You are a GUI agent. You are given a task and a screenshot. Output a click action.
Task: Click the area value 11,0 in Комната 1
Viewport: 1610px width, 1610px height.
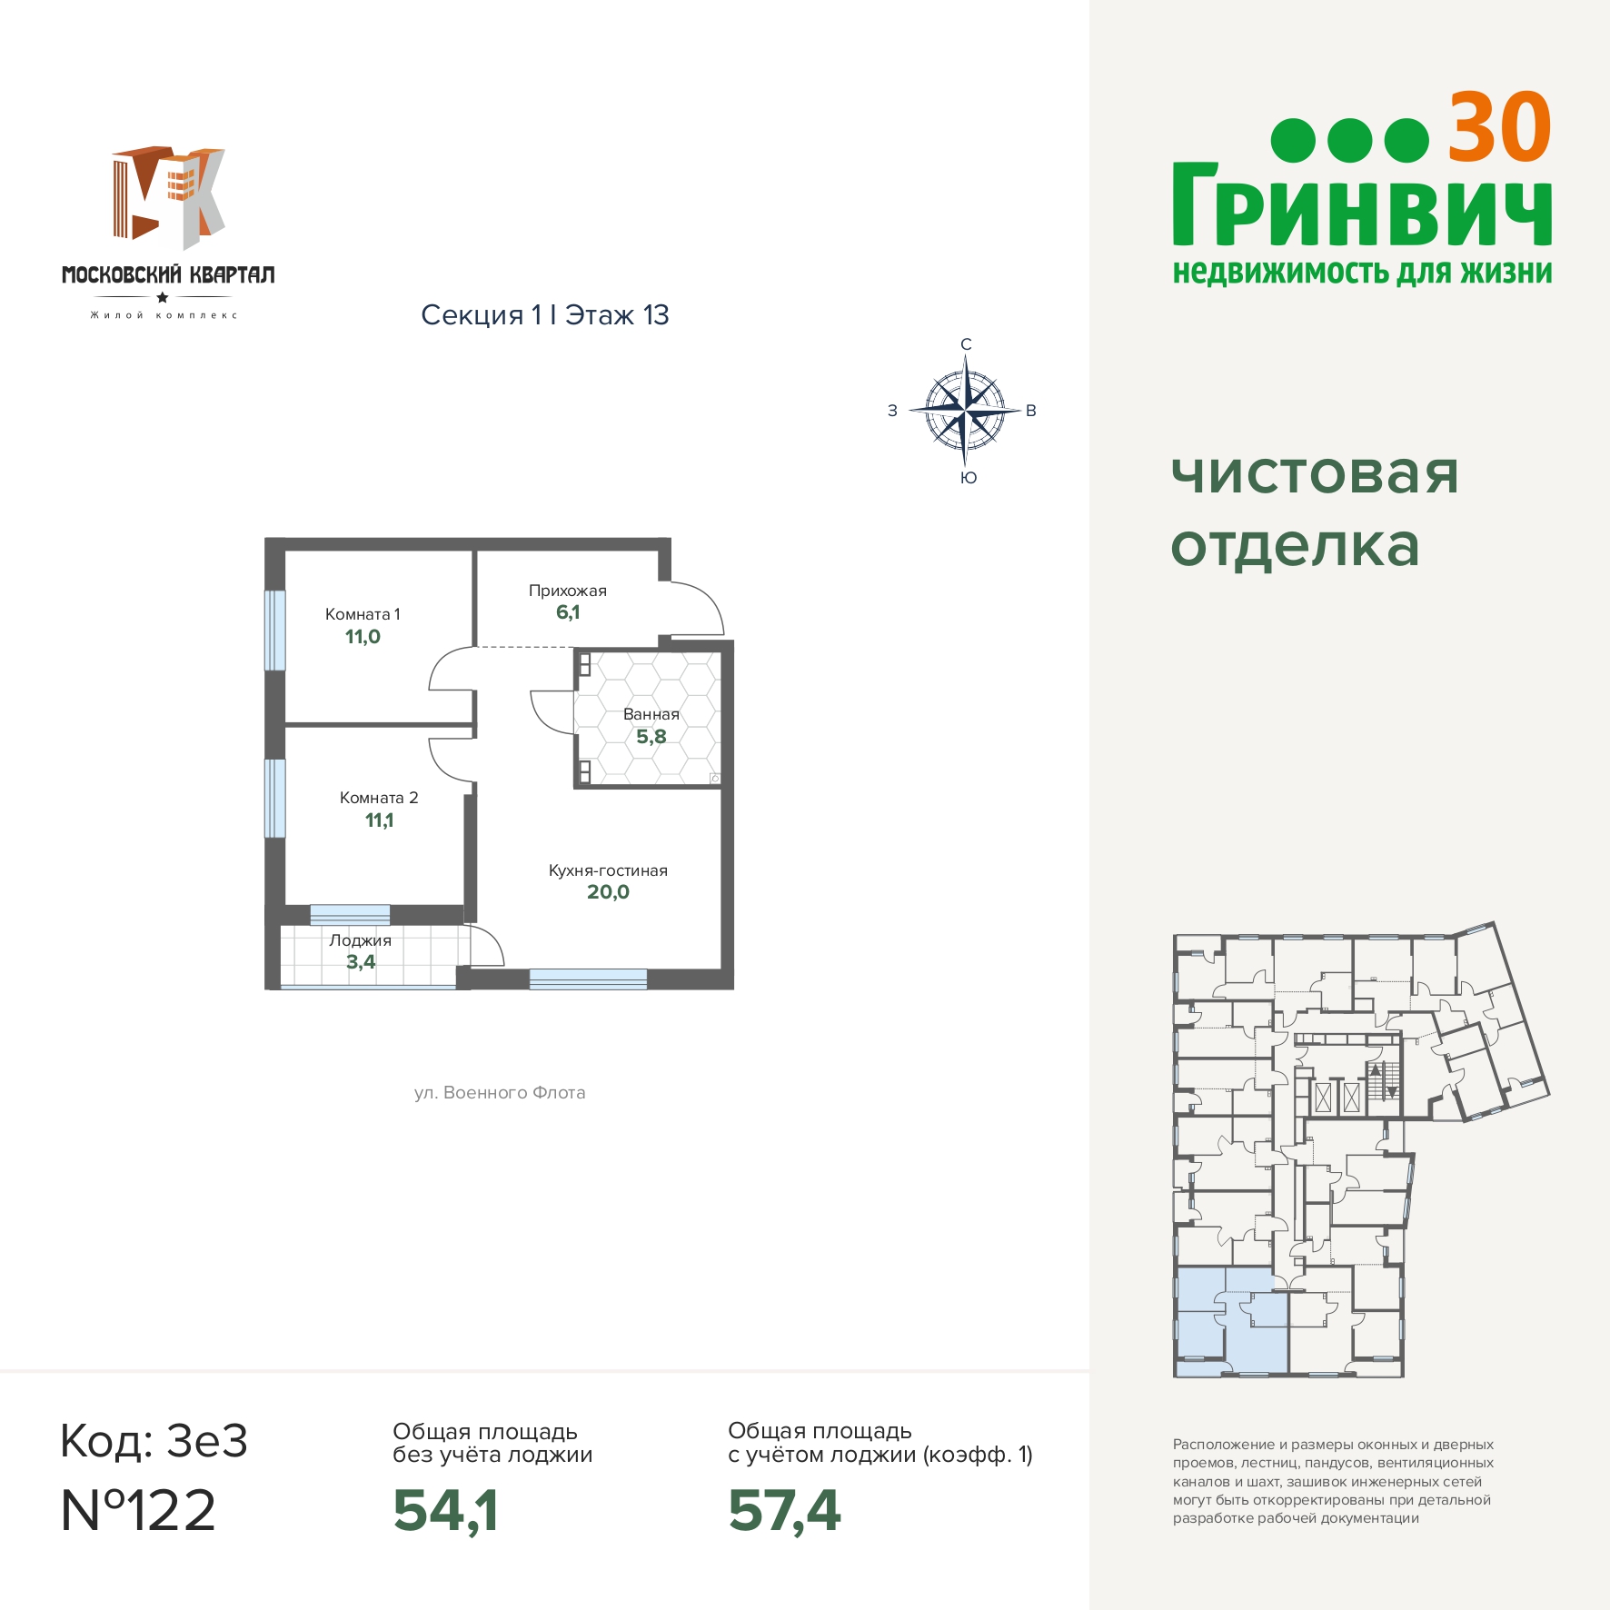[363, 637]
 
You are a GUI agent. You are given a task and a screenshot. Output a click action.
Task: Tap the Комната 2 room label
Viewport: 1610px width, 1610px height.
[379, 798]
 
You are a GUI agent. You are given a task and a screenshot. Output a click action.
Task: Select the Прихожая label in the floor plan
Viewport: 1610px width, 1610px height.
[568, 591]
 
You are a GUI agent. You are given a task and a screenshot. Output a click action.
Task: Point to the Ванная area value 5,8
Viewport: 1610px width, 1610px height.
[651, 737]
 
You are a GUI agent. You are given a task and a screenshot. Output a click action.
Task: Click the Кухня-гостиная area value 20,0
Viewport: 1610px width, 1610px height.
[608, 892]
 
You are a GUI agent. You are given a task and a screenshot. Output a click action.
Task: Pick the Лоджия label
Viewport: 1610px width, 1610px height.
[361, 940]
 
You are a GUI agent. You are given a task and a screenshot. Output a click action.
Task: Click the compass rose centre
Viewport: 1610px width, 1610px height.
[965, 411]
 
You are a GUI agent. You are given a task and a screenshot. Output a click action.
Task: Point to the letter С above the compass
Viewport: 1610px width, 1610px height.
[966, 344]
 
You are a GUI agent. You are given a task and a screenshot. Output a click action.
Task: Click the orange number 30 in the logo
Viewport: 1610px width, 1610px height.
[1499, 128]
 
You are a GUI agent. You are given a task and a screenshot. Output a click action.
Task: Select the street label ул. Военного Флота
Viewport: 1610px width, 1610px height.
[500, 1093]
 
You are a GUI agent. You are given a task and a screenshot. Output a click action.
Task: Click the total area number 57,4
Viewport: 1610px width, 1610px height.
[784, 1511]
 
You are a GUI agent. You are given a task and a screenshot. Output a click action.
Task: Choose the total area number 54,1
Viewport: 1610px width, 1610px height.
[445, 1511]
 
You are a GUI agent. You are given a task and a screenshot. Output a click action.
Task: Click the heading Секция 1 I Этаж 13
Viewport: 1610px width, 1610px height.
[545, 315]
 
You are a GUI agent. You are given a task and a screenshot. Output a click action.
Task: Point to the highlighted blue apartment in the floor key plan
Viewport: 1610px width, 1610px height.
[1232, 1321]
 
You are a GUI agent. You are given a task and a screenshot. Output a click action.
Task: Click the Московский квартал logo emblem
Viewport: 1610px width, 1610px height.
[168, 197]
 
